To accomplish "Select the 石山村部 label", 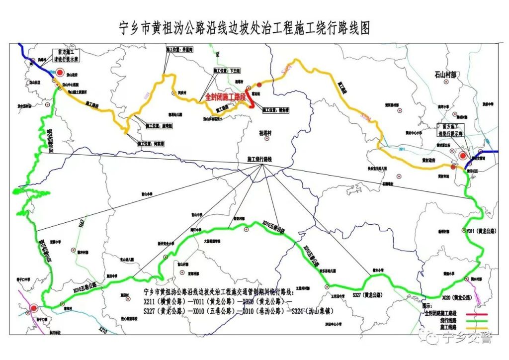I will point(445,75).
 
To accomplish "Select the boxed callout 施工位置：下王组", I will point(227,71).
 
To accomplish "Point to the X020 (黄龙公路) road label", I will point(457,297).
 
